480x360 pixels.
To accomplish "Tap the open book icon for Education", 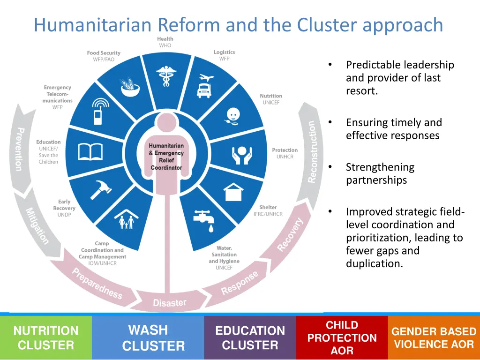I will point(90,152).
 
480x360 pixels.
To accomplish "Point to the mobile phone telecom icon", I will point(99,112).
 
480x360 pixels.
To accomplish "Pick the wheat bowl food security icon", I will point(130,87).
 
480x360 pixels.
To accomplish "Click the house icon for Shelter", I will point(233,191).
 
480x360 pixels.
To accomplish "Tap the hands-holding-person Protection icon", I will point(242,154).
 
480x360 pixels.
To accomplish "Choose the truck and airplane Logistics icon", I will point(204,86).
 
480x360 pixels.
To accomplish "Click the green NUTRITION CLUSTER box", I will point(46,338).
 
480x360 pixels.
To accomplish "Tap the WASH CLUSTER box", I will point(148,338).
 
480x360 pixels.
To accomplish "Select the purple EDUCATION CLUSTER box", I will point(250,338).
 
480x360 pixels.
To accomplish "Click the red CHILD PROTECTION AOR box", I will point(342,338).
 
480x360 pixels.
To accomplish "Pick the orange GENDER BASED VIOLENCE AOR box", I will point(434,338).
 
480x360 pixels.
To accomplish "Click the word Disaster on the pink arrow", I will point(170,303).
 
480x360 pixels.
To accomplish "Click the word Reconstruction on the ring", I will point(312,152).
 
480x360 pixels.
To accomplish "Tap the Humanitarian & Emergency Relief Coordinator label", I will point(166,157).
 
